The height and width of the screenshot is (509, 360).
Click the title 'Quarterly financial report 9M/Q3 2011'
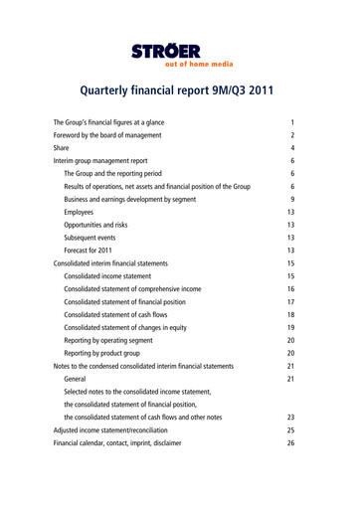[x=179, y=92]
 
